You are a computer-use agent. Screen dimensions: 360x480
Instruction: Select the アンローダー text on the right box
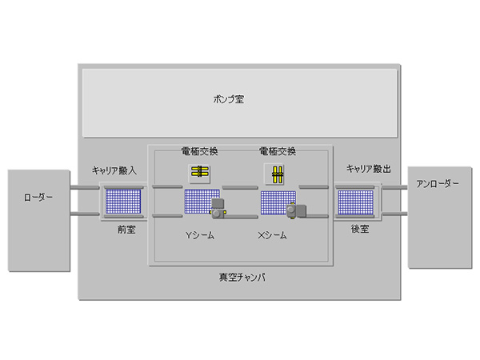coord(438,184)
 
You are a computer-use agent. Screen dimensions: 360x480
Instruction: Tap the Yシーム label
coord(199,236)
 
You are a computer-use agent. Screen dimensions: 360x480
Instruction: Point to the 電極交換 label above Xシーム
coord(278,150)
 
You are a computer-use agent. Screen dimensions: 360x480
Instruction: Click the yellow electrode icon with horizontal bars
coord(199,172)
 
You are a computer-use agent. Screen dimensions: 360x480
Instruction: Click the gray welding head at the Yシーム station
coord(218,210)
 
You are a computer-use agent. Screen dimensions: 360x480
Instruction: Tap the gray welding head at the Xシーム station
coord(296,210)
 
